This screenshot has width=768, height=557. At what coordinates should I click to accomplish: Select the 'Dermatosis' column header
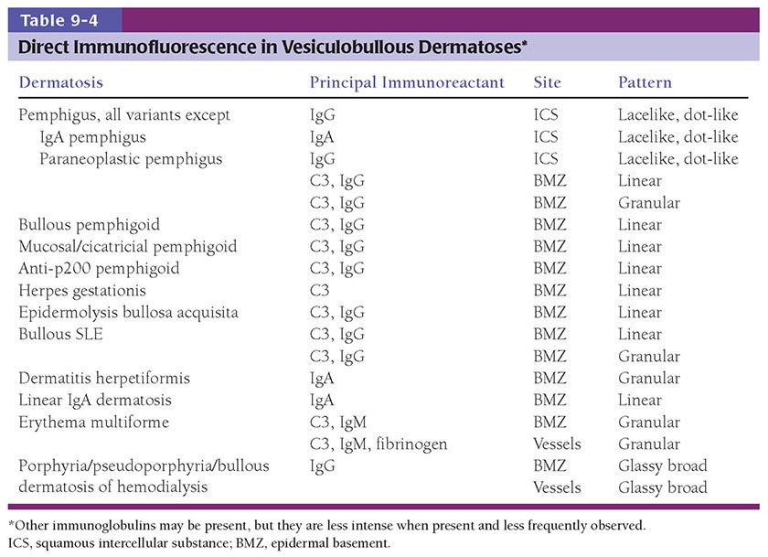[x=61, y=82]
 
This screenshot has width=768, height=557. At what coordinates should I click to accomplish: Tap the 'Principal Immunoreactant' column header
[x=407, y=82]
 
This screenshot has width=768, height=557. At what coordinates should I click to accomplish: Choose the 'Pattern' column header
[x=645, y=82]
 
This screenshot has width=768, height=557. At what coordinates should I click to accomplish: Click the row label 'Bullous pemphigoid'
[x=83, y=225]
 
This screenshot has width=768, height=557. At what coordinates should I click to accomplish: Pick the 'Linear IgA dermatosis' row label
[x=93, y=401]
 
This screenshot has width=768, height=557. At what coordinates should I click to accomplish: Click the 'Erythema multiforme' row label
[x=88, y=423]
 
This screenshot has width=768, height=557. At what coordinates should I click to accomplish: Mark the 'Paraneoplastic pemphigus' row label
[x=131, y=159]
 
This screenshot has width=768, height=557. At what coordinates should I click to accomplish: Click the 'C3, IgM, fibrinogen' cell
[x=379, y=445]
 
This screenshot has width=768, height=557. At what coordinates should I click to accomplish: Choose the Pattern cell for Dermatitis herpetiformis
[x=649, y=379]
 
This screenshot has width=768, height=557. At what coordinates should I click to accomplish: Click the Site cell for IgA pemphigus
[x=546, y=137]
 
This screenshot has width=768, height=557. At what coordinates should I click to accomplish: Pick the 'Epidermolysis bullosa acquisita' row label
[x=128, y=313]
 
